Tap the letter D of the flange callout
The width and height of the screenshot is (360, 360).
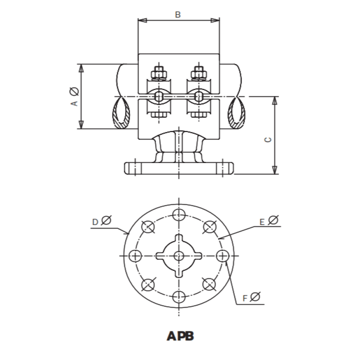click(95, 222)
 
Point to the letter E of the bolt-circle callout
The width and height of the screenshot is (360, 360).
click(262, 221)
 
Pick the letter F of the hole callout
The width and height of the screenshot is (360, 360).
click(245, 298)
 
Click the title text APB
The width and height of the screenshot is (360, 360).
click(180, 336)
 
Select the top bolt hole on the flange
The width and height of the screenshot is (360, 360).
click(179, 214)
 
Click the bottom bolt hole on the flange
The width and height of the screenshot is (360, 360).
click(179, 296)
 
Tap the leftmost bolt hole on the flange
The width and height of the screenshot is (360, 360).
click(135, 256)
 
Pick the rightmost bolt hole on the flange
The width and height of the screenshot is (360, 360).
click(222, 256)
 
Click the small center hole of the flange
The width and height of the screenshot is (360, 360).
click(179, 256)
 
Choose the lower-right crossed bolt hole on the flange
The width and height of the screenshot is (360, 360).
click(209, 284)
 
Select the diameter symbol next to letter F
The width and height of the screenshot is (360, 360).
click(255, 297)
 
